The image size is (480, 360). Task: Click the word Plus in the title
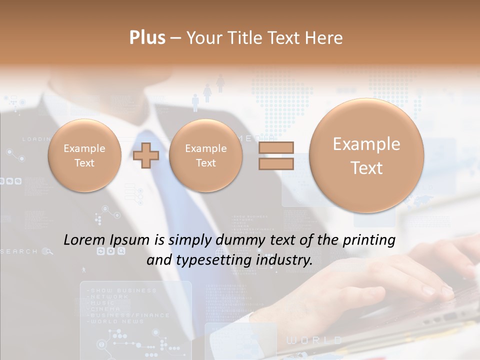click(x=147, y=38)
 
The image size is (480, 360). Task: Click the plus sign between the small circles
click(x=146, y=155)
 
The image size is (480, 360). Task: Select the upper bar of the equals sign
click(x=276, y=148)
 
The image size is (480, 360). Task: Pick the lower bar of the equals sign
click(x=276, y=163)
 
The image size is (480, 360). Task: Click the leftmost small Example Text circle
click(x=84, y=155)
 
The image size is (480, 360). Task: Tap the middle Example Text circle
click(x=205, y=155)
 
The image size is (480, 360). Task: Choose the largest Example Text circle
click(x=366, y=155)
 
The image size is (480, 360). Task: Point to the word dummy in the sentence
click(x=237, y=240)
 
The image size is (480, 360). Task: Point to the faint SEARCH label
click(x=19, y=251)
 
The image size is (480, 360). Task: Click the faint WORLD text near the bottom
click(x=314, y=340)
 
